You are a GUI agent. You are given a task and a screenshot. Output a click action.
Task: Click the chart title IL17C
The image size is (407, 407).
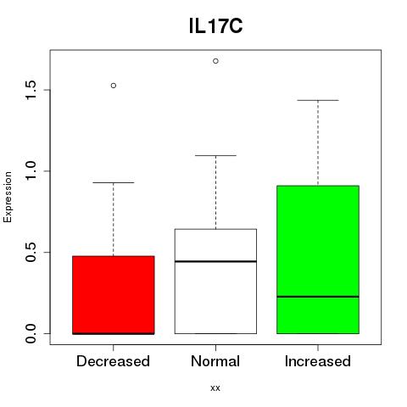click(215, 26)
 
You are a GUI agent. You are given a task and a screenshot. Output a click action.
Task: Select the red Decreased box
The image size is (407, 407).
click(114, 295)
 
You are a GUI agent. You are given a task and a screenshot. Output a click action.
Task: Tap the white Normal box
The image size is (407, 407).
click(215, 282)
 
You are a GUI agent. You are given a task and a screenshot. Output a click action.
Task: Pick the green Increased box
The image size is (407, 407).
click(318, 259)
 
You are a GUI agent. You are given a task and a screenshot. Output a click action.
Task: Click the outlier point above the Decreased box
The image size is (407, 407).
click(114, 86)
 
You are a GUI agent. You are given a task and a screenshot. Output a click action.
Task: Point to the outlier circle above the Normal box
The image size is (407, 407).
click(215, 61)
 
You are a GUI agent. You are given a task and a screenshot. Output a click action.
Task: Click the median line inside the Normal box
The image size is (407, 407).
click(215, 261)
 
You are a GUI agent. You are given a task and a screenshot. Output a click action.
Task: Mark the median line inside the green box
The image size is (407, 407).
click(318, 297)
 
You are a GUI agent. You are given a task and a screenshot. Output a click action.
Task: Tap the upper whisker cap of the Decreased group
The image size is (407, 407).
click(114, 182)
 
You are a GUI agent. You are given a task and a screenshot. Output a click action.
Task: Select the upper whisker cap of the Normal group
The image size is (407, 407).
click(215, 155)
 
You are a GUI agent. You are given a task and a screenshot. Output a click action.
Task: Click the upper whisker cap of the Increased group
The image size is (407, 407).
click(318, 100)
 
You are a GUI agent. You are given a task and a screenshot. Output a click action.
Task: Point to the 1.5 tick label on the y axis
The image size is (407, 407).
click(31, 90)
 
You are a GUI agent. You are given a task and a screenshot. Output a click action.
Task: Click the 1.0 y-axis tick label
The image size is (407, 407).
click(31, 170)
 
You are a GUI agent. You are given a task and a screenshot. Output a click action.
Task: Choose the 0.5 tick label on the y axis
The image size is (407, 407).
click(31, 252)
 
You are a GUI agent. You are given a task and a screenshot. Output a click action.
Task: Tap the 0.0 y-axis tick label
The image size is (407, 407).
click(31, 333)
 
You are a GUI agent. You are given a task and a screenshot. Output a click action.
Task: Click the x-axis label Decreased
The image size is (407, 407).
click(113, 361)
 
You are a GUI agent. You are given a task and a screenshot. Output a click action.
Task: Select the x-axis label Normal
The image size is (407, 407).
click(215, 361)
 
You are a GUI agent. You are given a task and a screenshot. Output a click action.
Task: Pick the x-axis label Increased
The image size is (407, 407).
click(318, 361)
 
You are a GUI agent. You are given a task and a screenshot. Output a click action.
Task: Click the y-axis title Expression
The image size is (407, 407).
click(8, 197)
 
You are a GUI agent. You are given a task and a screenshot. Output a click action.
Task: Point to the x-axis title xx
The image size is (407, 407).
click(215, 387)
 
